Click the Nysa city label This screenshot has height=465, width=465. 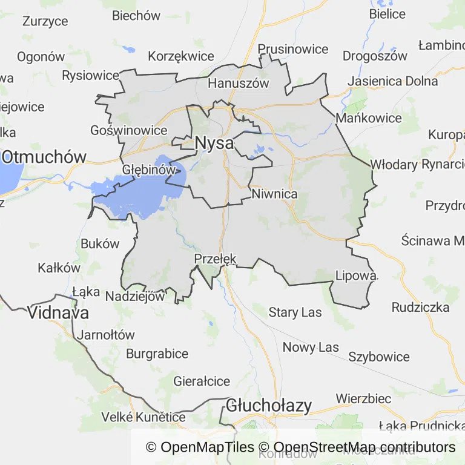(x=214, y=143)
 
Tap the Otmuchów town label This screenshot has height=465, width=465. (x=44, y=157)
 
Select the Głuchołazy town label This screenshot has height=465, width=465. (x=269, y=406)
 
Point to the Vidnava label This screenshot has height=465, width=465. (x=58, y=313)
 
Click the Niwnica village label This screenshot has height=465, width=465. (x=275, y=194)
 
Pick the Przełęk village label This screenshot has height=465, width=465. (x=215, y=259)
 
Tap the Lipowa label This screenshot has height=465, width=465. (x=356, y=276)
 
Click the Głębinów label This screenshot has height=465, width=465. (x=149, y=170)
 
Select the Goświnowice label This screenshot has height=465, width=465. (x=128, y=130)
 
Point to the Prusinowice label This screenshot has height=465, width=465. (x=293, y=49)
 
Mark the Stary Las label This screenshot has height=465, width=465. (x=295, y=312)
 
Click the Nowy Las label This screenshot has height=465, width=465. (x=311, y=348)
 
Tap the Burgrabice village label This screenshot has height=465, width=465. (x=157, y=354)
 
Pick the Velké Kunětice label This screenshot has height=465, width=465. (x=143, y=417)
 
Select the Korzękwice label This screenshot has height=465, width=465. (x=181, y=56)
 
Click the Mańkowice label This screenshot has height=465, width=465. (x=369, y=118)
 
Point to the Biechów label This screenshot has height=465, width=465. (x=136, y=16)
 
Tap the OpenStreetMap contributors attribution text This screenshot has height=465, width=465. (x=357, y=447)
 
